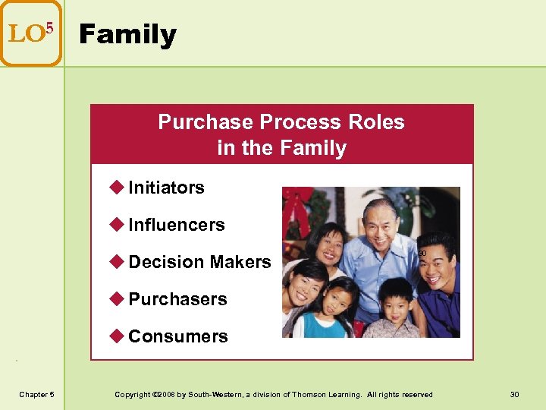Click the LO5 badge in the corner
(30, 33)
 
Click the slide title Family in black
(127, 35)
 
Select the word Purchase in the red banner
(206, 122)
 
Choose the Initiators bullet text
(166, 188)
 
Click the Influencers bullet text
(177, 225)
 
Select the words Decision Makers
(199, 262)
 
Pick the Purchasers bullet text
(177, 299)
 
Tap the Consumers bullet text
(178, 336)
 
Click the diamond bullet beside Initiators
(118, 187)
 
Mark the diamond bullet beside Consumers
(118, 336)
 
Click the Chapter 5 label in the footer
(36, 394)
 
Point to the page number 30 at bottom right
(515, 394)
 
